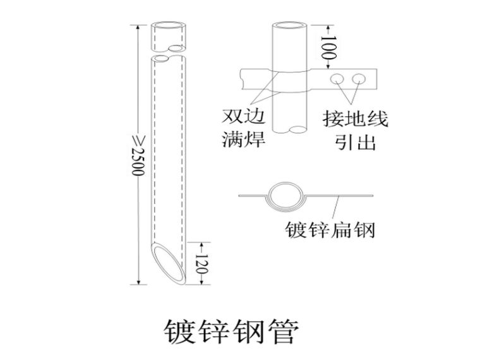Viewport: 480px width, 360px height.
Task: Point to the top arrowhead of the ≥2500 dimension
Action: point(139,27)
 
